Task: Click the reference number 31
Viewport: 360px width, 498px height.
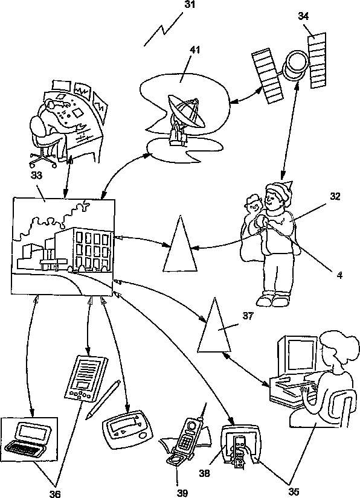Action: [190, 5]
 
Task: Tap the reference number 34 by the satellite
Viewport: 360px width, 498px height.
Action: [303, 16]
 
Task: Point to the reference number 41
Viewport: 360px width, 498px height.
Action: [194, 50]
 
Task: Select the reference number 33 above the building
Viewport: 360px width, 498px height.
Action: [36, 175]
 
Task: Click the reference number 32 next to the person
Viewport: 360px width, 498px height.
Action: [335, 197]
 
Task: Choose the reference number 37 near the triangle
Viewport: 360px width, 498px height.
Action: [248, 316]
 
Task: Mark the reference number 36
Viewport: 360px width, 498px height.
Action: [54, 493]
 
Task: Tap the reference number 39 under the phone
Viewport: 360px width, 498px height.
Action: [182, 493]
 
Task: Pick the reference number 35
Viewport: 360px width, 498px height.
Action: [294, 491]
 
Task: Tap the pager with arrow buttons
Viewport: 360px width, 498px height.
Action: [127, 430]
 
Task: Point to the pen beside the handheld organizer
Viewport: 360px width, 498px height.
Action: [103, 399]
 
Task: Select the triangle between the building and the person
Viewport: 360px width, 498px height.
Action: [180, 245]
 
